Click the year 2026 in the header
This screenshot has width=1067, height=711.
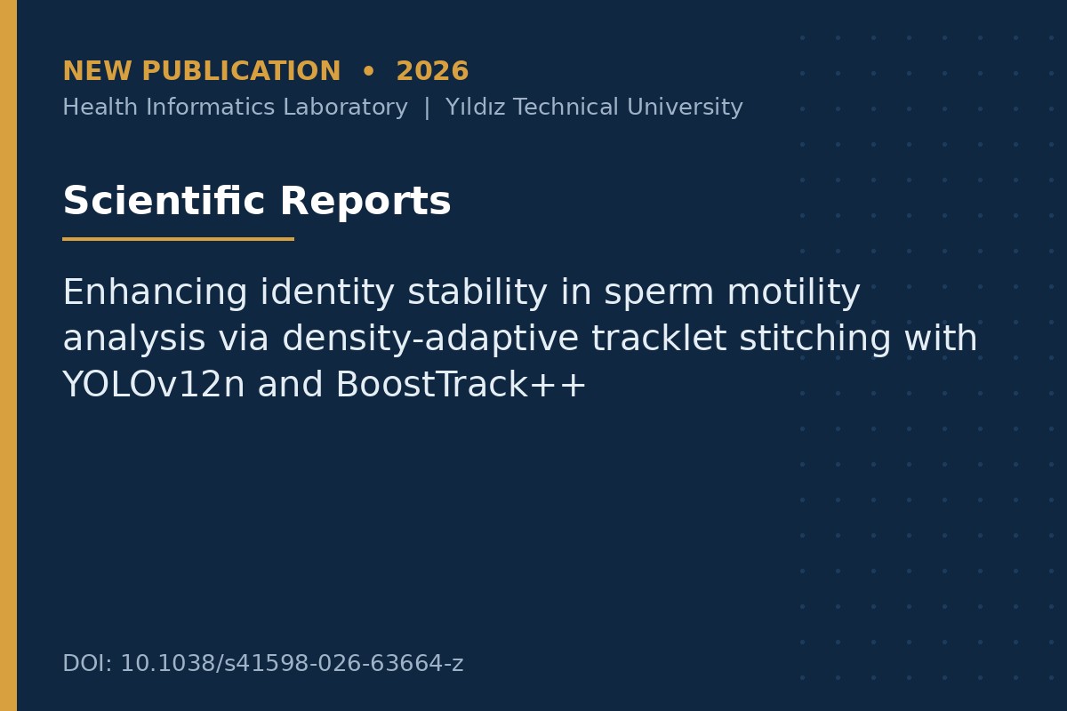tap(432, 71)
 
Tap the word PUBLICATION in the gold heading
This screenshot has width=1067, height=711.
tap(241, 71)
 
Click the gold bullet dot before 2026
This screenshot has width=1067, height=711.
tap(368, 71)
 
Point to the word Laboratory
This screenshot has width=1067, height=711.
tap(345, 108)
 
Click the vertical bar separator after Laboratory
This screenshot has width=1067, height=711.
tap(427, 108)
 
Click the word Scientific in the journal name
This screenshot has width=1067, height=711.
tap(164, 201)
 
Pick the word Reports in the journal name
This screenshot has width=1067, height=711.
tap(365, 202)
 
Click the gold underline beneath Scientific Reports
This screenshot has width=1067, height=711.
tap(178, 239)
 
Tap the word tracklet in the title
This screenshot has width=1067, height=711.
tap(659, 338)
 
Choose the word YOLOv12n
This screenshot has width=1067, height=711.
tap(154, 384)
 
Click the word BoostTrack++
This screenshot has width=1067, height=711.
tap(461, 384)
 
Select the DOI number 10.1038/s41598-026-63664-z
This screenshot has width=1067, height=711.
tap(292, 663)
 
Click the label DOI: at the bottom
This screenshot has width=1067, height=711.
tap(87, 663)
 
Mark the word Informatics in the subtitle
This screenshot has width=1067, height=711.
tap(210, 107)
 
